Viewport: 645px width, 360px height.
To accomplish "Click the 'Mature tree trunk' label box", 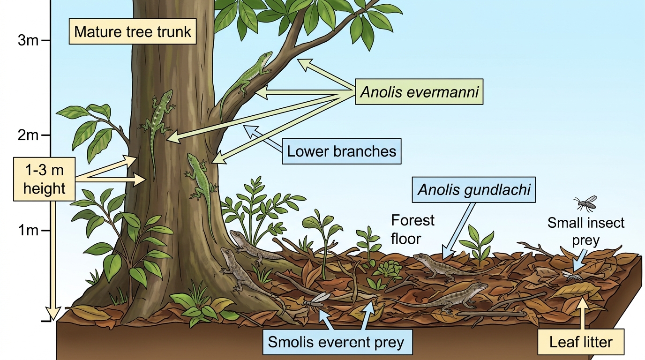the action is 133,31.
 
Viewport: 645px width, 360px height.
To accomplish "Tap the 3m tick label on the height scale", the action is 28,41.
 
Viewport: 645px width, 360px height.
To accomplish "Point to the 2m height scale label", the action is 28,135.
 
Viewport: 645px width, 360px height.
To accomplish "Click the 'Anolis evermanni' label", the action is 419,91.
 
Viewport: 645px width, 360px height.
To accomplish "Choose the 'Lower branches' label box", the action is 342,151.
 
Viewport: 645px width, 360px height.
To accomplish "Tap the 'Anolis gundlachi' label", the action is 474,189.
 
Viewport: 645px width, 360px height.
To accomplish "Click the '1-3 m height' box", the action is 45,179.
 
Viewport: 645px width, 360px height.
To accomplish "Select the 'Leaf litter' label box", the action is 581,342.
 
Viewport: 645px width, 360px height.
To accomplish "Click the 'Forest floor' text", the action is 412,230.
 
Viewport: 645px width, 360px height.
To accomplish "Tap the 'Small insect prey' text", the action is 585,231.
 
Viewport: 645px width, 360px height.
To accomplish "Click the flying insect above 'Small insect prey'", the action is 585,203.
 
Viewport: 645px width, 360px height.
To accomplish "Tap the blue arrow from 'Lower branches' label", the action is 262,138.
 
